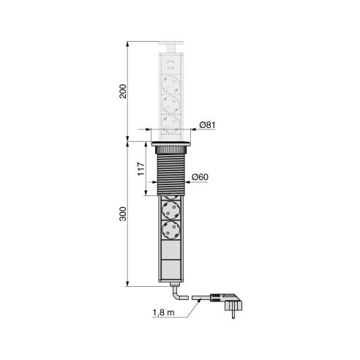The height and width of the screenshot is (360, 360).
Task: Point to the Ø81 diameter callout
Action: point(207,125)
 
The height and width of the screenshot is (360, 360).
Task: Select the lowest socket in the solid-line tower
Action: point(172,233)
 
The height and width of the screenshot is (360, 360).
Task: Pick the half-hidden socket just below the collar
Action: point(172,204)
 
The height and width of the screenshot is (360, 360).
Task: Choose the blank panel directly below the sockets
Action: point(172,252)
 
